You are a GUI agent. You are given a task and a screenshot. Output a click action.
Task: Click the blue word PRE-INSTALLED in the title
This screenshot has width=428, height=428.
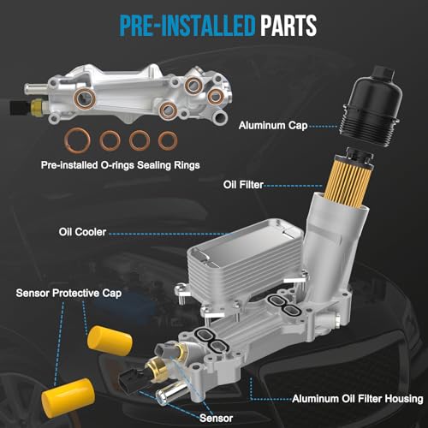tap(187, 26)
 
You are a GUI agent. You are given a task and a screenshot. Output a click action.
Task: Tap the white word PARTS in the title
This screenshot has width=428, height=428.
tap(288, 26)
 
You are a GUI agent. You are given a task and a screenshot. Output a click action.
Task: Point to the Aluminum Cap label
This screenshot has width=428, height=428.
tap(273, 126)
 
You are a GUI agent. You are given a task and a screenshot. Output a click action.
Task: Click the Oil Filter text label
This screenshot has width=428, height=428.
tap(243, 185)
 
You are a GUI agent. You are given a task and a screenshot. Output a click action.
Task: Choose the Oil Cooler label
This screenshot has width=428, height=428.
tap(82, 232)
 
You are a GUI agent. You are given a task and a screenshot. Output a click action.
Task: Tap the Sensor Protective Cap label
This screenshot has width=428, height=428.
tap(68, 293)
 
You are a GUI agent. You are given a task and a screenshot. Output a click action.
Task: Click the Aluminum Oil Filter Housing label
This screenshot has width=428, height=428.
tap(358, 399)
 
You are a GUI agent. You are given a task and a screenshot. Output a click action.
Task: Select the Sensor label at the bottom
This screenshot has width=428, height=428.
tap(216, 419)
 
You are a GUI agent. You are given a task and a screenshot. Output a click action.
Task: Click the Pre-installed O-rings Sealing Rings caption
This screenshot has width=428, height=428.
tap(120, 165)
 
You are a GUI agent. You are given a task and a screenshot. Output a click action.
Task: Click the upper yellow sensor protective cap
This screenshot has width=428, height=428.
tap(110, 341)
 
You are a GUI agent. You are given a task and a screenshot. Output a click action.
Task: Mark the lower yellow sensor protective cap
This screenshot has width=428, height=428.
tap(68, 394)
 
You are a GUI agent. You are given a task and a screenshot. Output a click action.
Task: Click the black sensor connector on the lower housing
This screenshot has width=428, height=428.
tap(129, 382)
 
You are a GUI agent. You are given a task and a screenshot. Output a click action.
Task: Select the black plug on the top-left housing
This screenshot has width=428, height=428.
tap(20, 108)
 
